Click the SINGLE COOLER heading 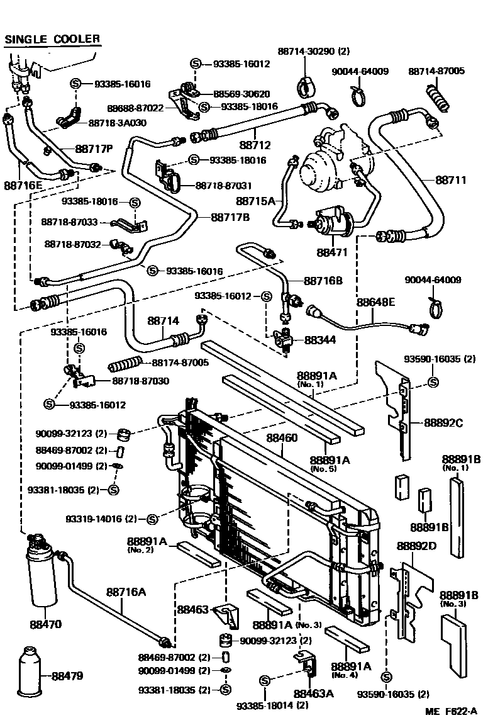pos(52,39)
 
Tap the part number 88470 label pos(45,625)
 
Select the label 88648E pos(375,302)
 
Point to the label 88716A pos(126,592)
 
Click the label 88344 pos(320,340)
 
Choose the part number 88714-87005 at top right pos(436,71)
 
